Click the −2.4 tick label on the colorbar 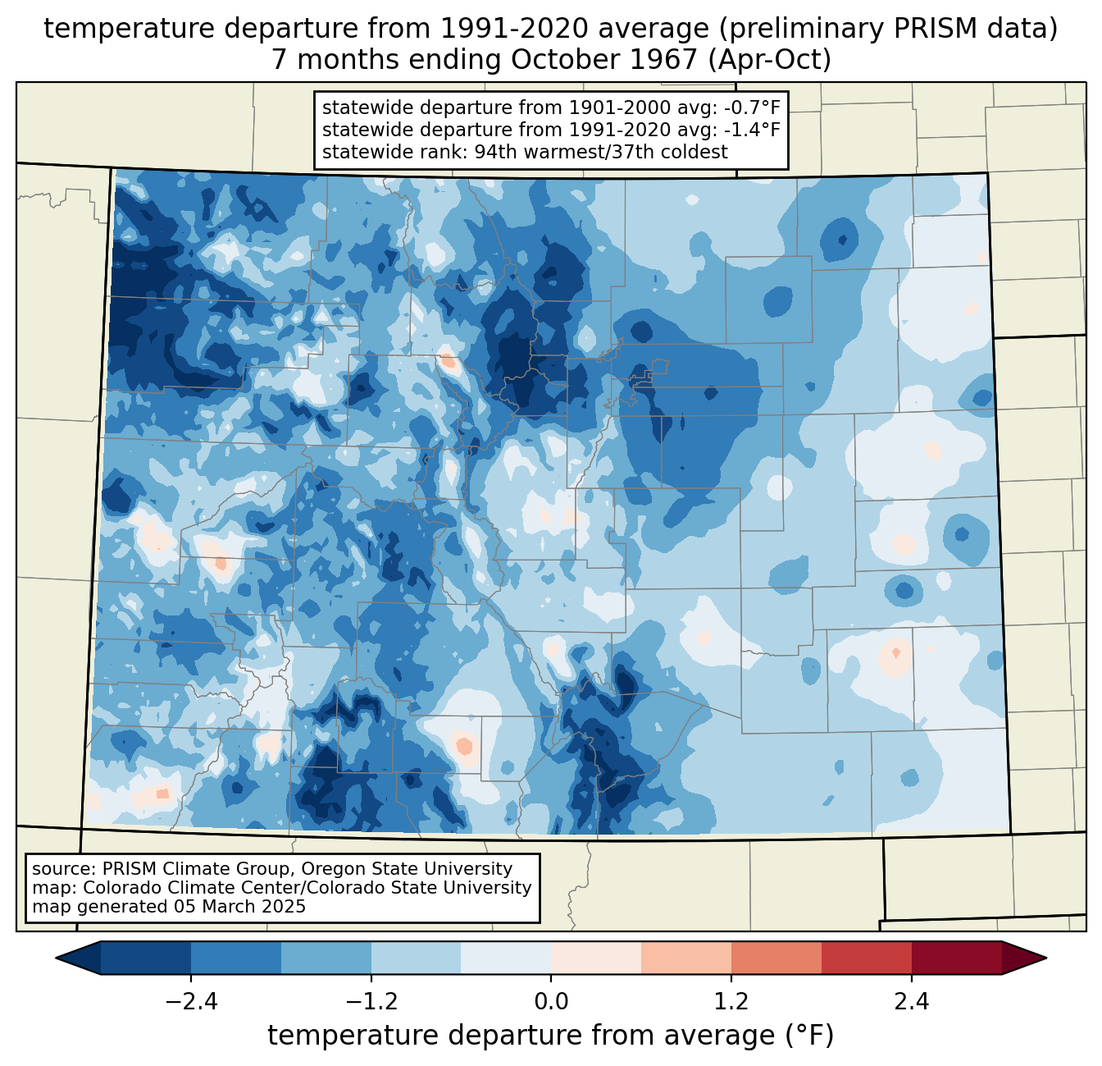[x=191, y=1002]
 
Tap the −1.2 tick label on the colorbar [x=371, y=1002]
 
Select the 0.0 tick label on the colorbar [x=551, y=1002]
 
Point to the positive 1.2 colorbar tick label [x=731, y=1002]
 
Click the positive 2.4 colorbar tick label [x=911, y=1002]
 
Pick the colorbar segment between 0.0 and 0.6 [x=596, y=958]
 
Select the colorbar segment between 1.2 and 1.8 [x=776, y=958]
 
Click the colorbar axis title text [x=550, y=1036]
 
